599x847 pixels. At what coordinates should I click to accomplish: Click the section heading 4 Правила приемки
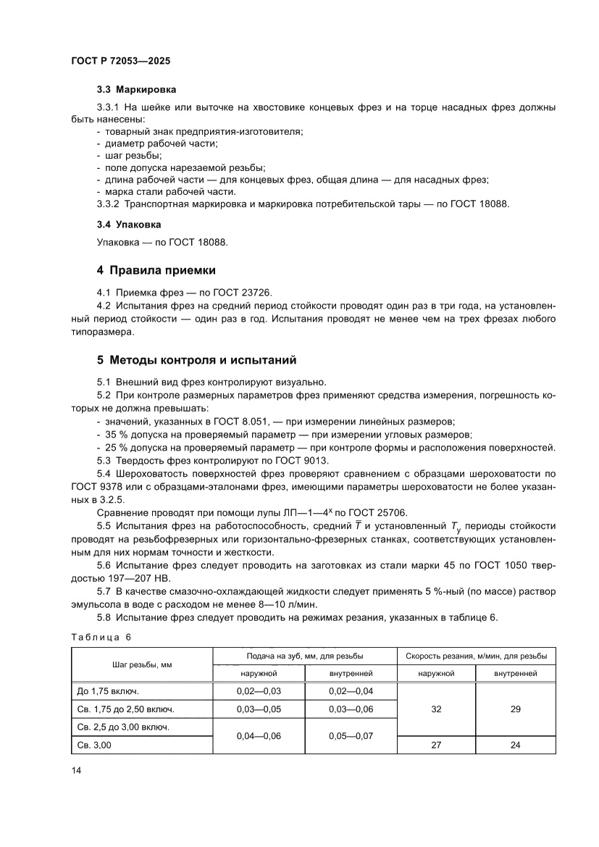[x=156, y=270]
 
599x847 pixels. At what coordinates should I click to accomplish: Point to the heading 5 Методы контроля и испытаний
[x=196, y=359]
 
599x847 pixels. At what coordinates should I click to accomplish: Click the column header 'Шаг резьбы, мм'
[x=141, y=664]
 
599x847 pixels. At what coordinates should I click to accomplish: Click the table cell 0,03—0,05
[x=258, y=709]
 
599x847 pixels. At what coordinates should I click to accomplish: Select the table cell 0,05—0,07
[x=351, y=735]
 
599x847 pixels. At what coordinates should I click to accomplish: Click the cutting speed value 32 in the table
[x=435, y=709]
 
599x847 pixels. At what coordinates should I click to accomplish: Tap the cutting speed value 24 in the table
[x=515, y=745]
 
